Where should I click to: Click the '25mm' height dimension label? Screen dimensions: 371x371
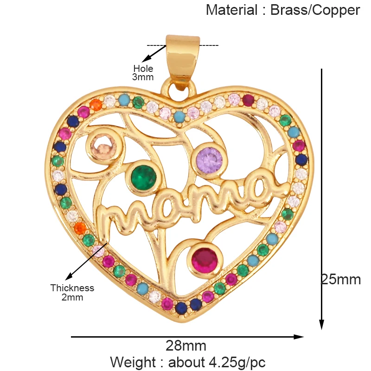click(x=341, y=280)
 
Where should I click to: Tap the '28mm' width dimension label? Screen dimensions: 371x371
click(x=185, y=346)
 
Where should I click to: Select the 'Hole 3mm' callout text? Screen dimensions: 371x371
click(x=143, y=73)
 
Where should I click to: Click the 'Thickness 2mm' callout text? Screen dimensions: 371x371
click(x=72, y=293)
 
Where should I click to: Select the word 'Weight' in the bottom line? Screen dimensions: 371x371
click(x=133, y=362)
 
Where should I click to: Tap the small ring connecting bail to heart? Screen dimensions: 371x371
click(x=179, y=88)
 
